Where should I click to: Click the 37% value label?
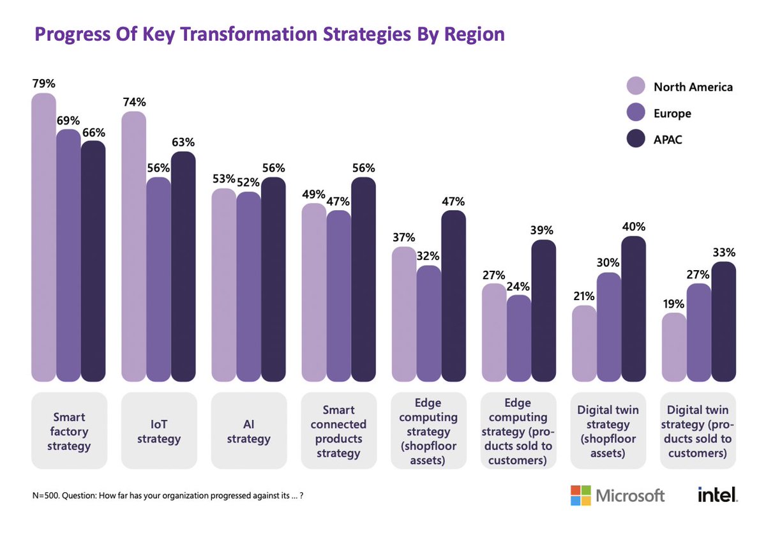coord(403,237)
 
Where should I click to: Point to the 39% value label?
coord(544,230)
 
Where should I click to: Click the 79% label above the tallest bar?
coord(43,84)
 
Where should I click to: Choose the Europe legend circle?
coord(636,113)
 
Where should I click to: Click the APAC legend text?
coord(668,139)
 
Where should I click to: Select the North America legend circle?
coord(636,87)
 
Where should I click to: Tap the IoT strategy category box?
coord(158,430)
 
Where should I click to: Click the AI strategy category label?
coord(248,431)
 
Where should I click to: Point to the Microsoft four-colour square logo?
coord(580,495)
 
